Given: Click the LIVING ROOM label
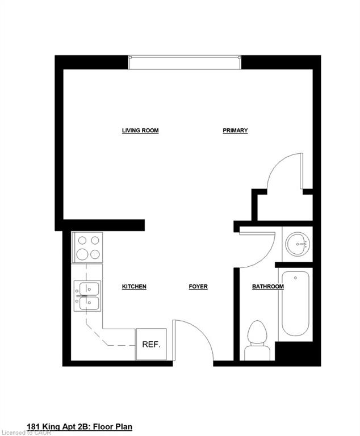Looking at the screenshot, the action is [140, 131].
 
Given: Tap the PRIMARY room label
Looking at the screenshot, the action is [235, 131].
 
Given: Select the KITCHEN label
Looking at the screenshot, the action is [134, 286].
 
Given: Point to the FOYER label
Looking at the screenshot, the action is [198, 286].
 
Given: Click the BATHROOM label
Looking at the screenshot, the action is [268, 286].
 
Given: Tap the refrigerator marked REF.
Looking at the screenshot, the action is [151, 344].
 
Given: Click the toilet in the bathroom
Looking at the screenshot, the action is [257, 341].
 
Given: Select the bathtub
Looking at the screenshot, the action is [295, 304].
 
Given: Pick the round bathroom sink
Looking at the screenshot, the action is [298, 244].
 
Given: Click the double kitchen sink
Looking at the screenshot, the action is [87, 296].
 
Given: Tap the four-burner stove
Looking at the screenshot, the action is [87, 247].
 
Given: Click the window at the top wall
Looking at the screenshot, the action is [185, 62].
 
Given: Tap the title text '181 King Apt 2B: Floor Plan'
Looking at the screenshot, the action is [79, 426].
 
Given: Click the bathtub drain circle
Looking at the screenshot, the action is [295, 278].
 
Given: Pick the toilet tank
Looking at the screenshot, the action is [257, 353].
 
